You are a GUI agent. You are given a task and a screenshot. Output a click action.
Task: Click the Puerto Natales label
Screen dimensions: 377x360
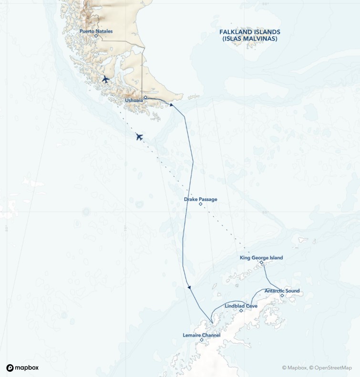(96, 31)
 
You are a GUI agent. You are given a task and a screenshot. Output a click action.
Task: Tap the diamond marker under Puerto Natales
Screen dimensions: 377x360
(96, 36)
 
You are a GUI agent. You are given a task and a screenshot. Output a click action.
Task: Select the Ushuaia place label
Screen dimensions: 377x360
(134, 101)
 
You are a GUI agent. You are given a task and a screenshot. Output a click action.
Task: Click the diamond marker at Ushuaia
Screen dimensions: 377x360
(145, 97)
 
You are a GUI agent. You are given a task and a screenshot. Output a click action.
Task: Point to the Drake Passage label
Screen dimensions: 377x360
(200, 199)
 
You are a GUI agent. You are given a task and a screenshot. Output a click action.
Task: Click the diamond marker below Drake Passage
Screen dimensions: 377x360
(200, 204)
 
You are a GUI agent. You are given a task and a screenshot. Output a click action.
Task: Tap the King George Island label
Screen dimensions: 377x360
(261, 257)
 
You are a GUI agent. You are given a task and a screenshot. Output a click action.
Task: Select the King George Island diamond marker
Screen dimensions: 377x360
(261, 263)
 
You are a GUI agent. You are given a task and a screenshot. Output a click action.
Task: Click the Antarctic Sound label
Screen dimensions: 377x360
(282, 291)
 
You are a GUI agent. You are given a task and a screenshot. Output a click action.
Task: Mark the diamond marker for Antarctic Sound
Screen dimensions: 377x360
(282, 295)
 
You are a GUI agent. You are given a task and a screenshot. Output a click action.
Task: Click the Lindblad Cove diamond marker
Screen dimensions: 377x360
(241, 311)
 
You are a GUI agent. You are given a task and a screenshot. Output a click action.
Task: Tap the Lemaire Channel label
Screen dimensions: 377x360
(201, 335)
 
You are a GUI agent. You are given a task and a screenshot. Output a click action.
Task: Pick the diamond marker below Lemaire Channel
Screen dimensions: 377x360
(201, 340)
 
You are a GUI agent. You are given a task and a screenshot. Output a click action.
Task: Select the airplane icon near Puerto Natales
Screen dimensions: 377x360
(105, 79)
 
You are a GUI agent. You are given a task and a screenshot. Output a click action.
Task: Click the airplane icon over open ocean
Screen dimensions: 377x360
(139, 137)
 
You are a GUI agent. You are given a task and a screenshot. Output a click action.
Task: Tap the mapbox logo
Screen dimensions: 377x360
(22, 367)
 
